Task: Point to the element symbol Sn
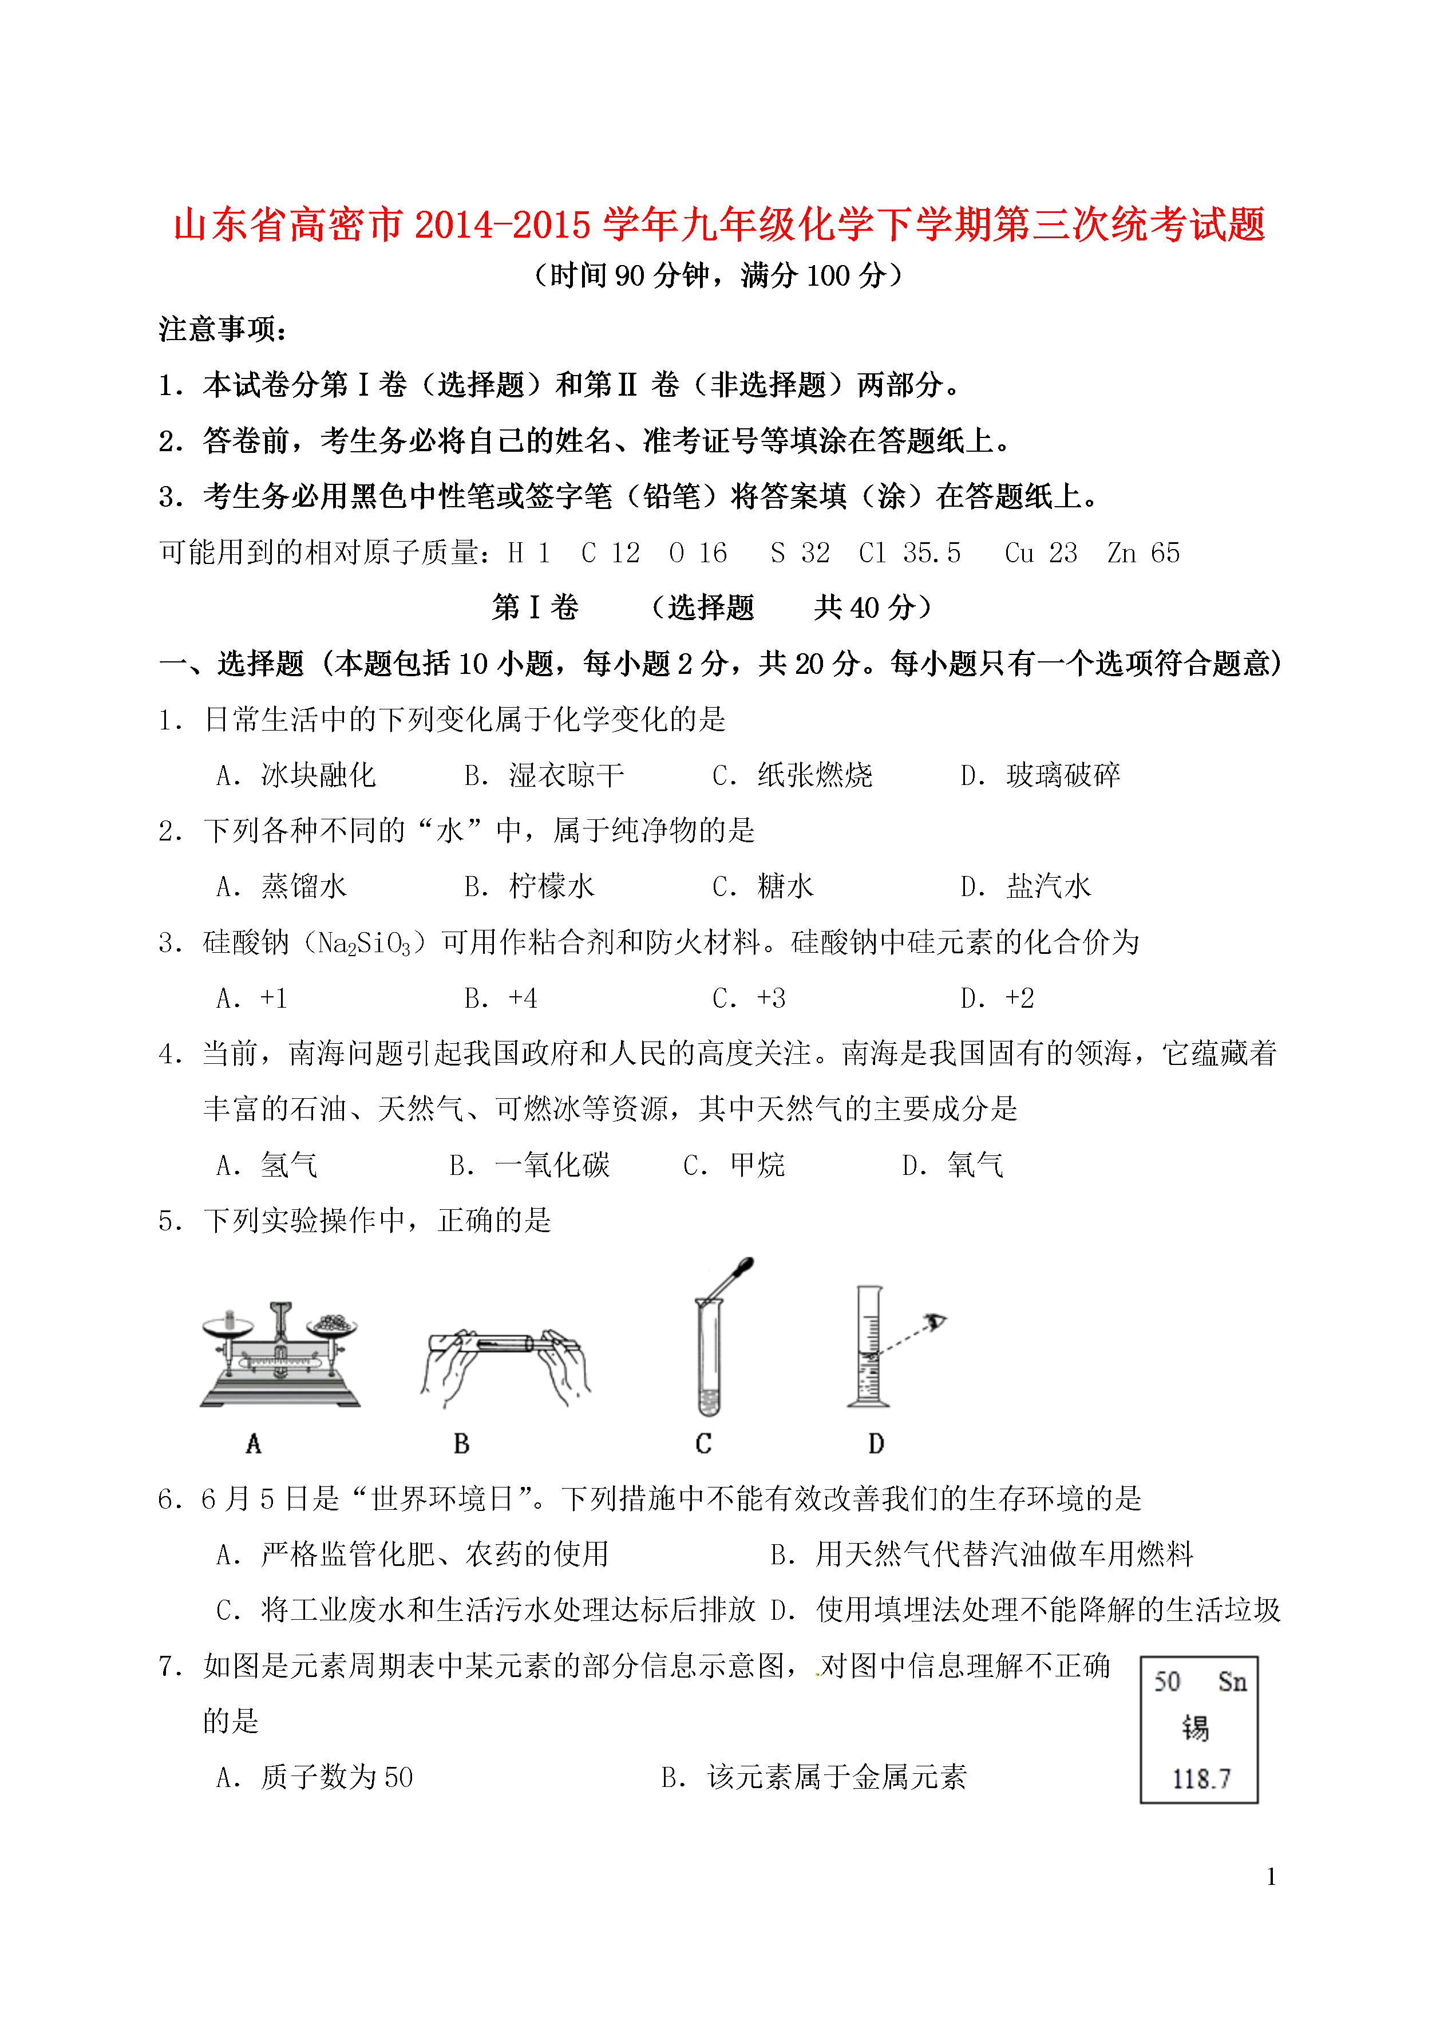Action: [x=1232, y=1681]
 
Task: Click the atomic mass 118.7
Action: [x=1201, y=1778]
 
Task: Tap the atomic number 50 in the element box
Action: [x=1167, y=1681]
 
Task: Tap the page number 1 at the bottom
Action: [x=1271, y=1877]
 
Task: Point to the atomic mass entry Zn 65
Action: [x=1144, y=553]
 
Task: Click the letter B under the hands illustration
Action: [x=461, y=1444]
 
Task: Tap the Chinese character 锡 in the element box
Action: [x=1196, y=1727]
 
